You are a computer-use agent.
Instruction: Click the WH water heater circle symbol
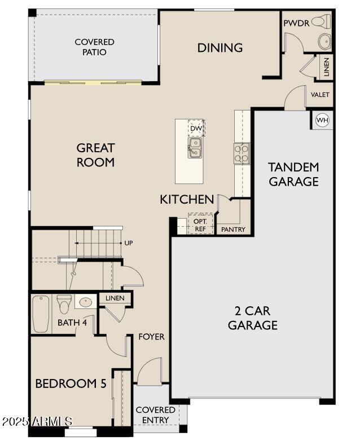coord(322,120)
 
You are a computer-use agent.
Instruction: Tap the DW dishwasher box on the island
coord(196,129)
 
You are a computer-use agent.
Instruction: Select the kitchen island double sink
coord(195,147)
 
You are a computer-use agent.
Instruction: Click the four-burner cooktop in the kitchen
coord(242,153)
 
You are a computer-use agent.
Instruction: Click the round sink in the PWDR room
coord(325,41)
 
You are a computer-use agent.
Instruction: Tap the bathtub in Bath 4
coord(41,314)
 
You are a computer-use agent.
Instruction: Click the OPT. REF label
coord(201,225)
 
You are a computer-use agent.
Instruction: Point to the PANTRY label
coord(232,230)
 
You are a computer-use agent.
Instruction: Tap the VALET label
coord(319,95)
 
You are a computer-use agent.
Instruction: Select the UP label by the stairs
coord(129,243)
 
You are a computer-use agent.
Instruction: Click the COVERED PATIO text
coord(94,47)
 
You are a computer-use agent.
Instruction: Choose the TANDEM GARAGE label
coord(293,174)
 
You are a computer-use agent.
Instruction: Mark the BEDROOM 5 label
coord(71,384)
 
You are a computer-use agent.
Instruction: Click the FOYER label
coord(151,337)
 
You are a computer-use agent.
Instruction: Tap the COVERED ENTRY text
coord(155,414)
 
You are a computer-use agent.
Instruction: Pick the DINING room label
coord(220,48)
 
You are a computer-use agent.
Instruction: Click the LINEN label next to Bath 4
coord(115,298)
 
